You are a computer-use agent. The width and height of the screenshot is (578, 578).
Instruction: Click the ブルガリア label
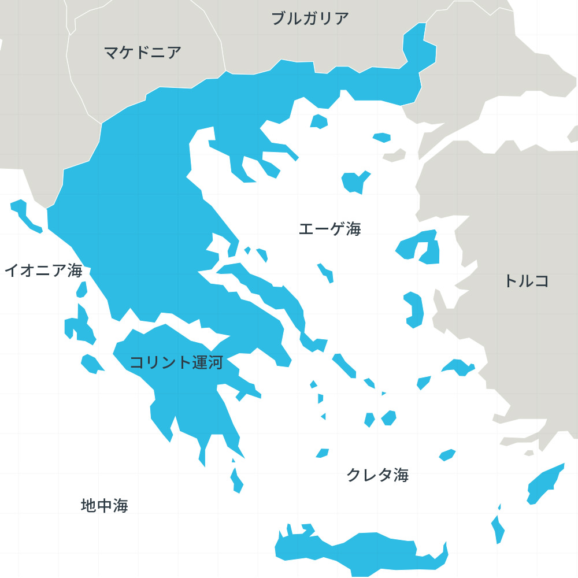(x=310, y=18)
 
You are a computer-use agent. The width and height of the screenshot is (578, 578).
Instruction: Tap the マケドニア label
(x=143, y=53)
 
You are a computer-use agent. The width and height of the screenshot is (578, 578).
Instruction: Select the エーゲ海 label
(x=329, y=229)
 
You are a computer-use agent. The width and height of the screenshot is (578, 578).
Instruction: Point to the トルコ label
(x=526, y=281)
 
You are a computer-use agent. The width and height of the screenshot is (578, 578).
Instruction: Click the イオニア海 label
(x=43, y=270)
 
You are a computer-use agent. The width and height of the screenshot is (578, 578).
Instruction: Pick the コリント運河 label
(x=176, y=363)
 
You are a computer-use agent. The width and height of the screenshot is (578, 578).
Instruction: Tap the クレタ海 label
(x=377, y=475)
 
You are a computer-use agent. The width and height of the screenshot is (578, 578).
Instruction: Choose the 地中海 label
(x=104, y=506)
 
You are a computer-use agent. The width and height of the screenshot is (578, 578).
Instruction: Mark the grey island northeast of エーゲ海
(x=394, y=155)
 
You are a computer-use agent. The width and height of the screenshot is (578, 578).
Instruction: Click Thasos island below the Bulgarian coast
(x=319, y=121)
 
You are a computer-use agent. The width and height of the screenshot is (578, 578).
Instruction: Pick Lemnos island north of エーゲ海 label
(x=354, y=181)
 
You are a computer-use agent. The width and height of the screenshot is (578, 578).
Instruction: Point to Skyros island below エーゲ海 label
(x=325, y=272)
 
